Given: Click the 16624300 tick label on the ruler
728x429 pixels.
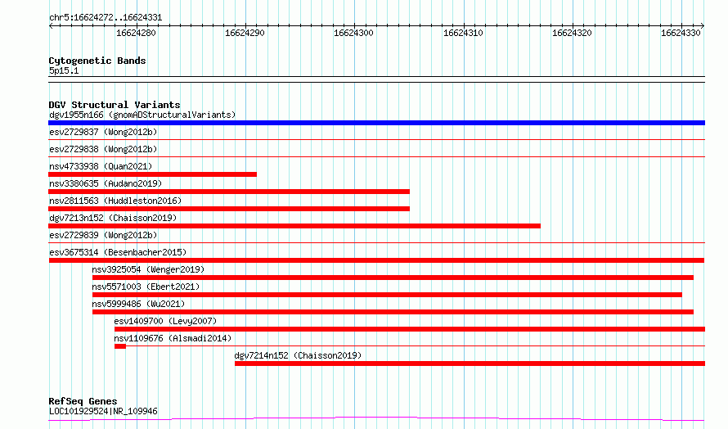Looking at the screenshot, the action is pos(353,33).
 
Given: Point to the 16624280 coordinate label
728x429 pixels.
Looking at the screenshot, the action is pos(136,33).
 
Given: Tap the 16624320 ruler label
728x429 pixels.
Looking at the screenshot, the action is pos(572,33).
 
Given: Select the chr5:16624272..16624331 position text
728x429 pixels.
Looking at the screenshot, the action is pos(106,18).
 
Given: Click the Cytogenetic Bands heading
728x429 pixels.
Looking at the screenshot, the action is pos(97,61).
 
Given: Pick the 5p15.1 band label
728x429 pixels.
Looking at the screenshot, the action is pos(64,70).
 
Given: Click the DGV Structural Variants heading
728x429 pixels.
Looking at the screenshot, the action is pos(115,105).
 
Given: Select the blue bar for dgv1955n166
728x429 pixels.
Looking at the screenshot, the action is pos(376,123).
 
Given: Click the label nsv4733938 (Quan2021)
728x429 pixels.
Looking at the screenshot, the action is pos(101,166).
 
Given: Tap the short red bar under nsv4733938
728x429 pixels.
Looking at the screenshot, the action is pos(152,174).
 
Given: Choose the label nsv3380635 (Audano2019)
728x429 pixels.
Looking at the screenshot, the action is pos(106,183).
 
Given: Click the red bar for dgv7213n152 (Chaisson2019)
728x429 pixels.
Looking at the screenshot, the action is pos(294,226).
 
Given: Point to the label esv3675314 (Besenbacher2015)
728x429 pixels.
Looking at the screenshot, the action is pos(118,252).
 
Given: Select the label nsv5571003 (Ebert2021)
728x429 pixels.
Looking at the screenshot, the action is pos(146,287).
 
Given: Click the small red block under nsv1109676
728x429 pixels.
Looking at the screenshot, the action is pos(120,346).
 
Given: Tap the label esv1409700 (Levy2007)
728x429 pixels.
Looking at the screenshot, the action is pos(165,321).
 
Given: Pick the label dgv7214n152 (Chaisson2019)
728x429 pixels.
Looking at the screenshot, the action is pos(298,355).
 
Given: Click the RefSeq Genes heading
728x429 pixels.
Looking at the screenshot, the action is pos(83,401).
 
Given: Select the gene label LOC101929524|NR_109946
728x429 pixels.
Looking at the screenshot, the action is pos(103,411).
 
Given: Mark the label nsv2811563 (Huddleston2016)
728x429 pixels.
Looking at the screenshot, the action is pos(115,201).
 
